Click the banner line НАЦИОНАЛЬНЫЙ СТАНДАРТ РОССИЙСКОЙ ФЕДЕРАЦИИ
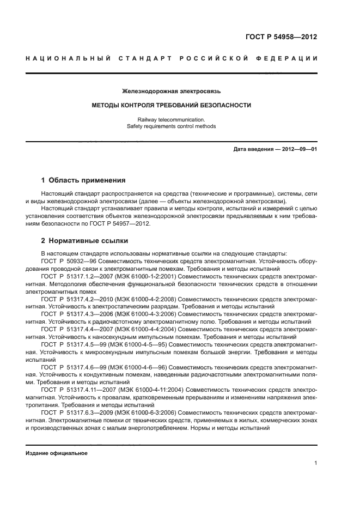[x=172, y=58]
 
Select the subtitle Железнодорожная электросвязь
[x=172, y=91]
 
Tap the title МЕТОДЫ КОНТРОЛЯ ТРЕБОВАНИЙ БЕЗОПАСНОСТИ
[x=172, y=105]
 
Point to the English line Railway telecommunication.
[x=172, y=119]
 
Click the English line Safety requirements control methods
[x=172, y=126]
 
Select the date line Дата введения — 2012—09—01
[x=275, y=149]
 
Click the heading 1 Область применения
[x=83, y=180]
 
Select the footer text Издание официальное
[x=57, y=453]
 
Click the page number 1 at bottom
[x=315, y=463]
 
